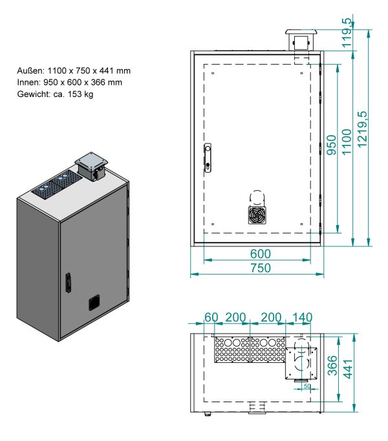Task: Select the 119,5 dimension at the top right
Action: [347, 33]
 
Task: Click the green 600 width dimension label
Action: [256, 253]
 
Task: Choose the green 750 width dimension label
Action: [256, 268]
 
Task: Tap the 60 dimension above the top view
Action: [211, 317]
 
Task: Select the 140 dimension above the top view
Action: [301, 317]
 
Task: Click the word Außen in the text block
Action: [32, 70]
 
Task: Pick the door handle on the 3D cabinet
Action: [67, 283]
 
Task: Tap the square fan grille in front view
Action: [257, 214]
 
